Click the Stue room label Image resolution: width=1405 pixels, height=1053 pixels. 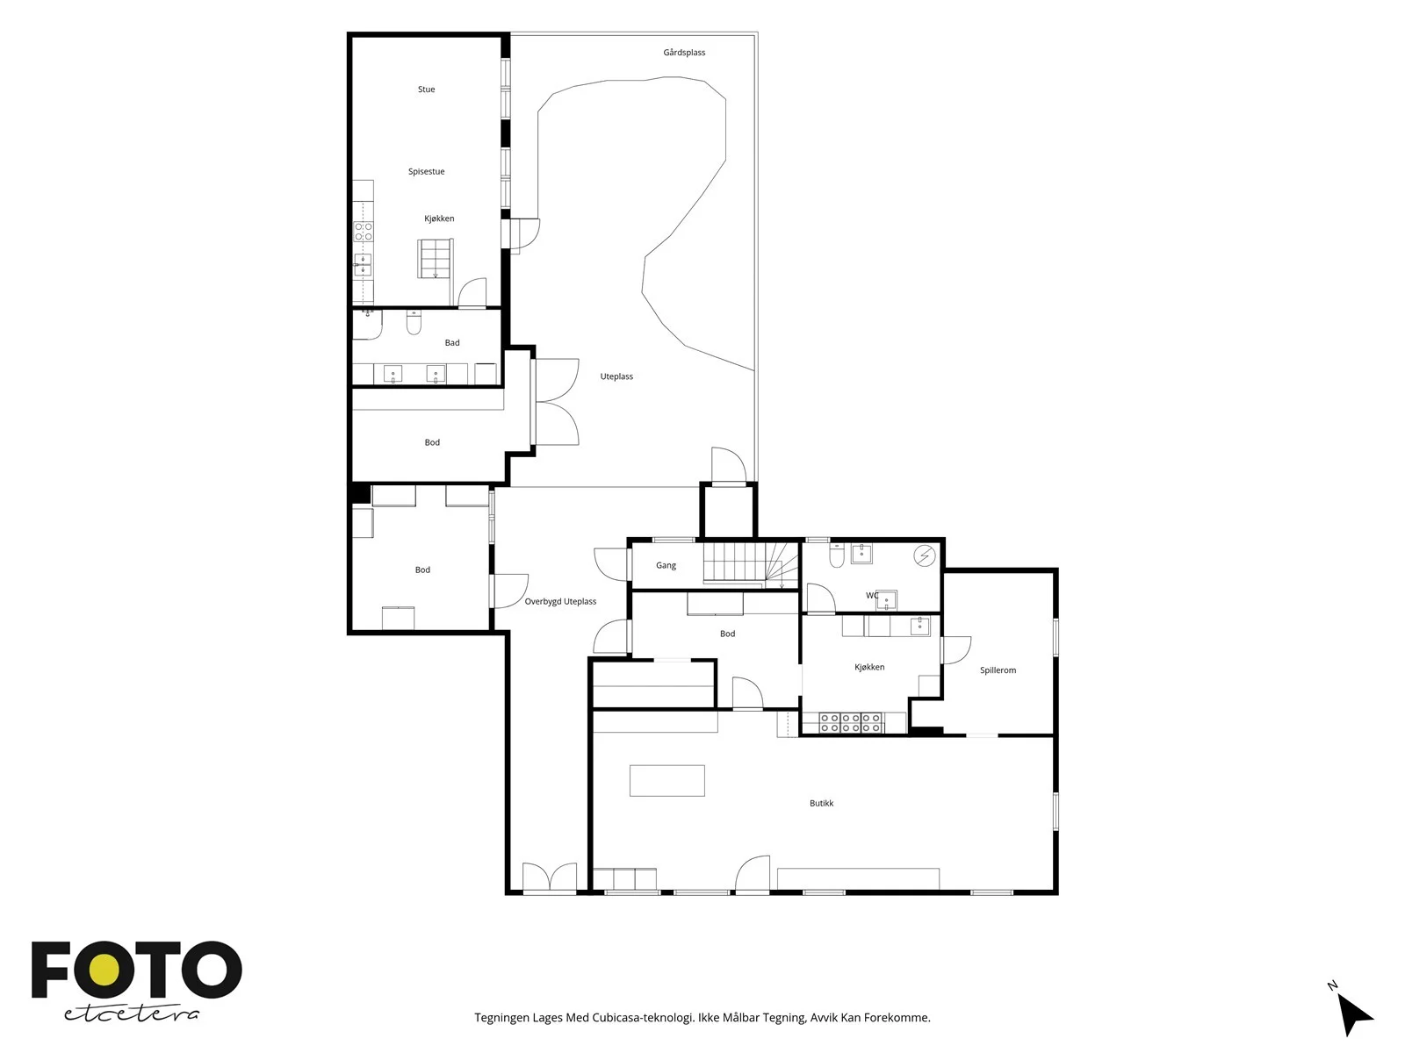[426, 90]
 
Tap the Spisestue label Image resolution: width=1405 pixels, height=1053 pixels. [426, 171]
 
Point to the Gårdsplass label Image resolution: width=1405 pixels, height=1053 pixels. [684, 53]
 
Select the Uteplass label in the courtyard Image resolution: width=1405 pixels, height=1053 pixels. [616, 376]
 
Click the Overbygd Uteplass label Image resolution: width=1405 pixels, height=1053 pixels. [561, 602]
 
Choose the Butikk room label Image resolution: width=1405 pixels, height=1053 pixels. [821, 804]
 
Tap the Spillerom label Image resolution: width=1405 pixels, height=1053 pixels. [998, 670]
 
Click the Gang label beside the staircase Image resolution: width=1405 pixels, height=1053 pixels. [666, 566]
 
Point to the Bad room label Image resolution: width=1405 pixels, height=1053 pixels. [452, 343]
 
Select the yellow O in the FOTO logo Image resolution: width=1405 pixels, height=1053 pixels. [103, 971]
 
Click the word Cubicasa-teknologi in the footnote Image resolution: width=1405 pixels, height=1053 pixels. [644, 1018]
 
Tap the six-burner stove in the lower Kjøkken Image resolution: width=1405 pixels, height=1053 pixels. [851, 723]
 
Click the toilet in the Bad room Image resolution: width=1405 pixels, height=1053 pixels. [414, 323]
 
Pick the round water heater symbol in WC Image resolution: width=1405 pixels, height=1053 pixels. [925, 556]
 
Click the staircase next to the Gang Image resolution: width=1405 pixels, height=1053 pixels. [751, 563]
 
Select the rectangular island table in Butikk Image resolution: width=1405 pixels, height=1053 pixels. [667, 781]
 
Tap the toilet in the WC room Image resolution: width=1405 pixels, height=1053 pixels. [837, 556]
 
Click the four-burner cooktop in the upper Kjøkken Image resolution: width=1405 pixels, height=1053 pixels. [363, 232]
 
